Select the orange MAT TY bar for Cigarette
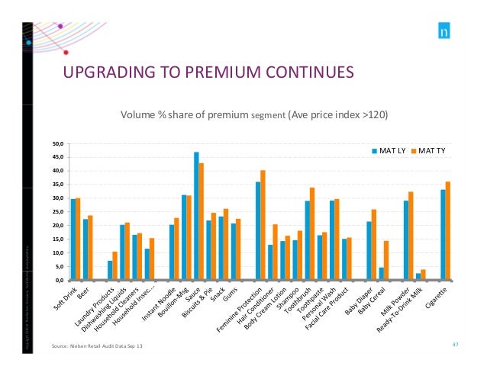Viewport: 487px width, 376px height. pyautogui.click(x=448, y=230)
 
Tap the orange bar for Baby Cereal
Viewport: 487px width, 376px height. pyautogui.click(x=386, y=260)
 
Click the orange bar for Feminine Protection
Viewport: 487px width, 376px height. pyautogui.click(x=263, y=225)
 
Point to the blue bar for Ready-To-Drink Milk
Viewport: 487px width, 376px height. pyautogui.click(x=418, y=276)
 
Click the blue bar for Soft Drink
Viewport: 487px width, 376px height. pyautogui.click(x=73, y=239)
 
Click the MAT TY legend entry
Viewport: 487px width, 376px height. pyautogui.click(x=430, y=150)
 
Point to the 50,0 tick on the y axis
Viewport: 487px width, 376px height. pyautogui.click(x=58, y=143)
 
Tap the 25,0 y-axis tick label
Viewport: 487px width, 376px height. pyautogui.click(x=58, y=212)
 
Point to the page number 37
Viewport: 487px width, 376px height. pyautogui.click(x=455, y=345)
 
